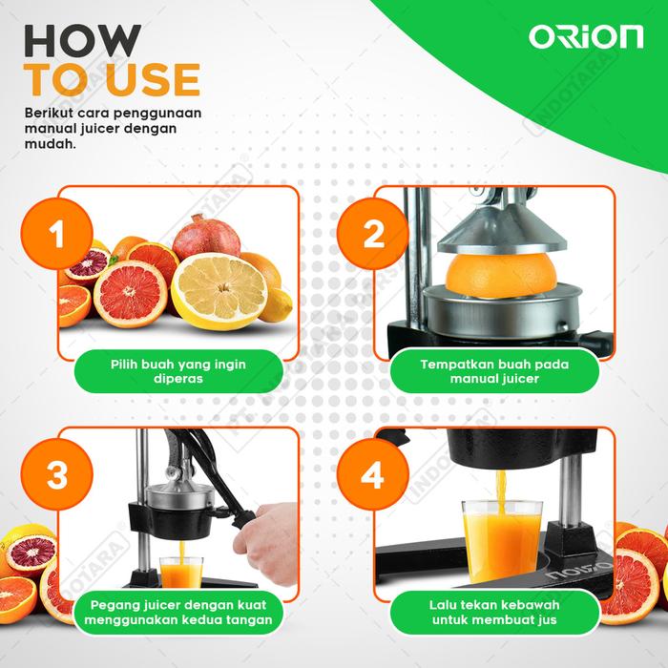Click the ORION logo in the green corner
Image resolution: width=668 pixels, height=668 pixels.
[x=586, y=37]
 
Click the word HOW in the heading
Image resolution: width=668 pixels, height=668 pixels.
[x=82, y=41]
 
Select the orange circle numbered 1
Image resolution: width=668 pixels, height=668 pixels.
[x=56, y=234]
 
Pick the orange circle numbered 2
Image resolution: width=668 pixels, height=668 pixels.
[x=373, y=234]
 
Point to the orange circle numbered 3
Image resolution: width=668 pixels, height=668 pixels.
[x=56, y=474]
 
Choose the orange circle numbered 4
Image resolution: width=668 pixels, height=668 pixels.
[x=373, y=474]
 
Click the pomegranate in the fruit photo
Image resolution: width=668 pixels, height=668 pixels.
[x=206, y=237]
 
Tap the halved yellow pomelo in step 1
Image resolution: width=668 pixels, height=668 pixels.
[x=219, y=291]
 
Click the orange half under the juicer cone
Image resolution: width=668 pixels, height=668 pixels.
[x=501, y=276]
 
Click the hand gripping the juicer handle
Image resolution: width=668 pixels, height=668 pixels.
[x=267, y=543]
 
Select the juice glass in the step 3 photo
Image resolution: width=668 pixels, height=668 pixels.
[x=181, y=573]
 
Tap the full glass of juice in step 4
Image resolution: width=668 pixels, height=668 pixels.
[x=502, y=541]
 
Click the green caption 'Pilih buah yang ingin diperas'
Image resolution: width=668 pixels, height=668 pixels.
[x=178, y=371]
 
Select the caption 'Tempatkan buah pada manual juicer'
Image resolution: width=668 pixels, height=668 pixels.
[x=494, y=371]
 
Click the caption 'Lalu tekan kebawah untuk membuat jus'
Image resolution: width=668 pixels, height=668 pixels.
[x=494, y=613]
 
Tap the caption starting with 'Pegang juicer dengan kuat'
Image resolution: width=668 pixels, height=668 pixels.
[x=178, y=613]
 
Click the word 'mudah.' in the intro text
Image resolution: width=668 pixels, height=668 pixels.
[x=51, y=144]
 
